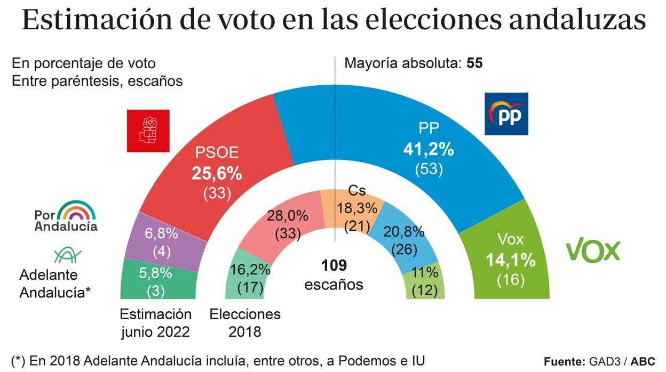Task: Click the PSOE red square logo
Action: pos(148,131)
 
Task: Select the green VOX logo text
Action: pos(593,251)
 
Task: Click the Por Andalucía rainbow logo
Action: pos(66,216)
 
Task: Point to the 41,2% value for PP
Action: pos(429,150)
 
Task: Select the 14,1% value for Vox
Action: pos(510,260)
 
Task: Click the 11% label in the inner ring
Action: pos(425,272)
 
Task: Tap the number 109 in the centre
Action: pos(334,265)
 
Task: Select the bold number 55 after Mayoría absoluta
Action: pos(474,63)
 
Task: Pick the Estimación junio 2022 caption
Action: pos(155,322)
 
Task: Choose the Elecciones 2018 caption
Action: pos(245,322)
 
